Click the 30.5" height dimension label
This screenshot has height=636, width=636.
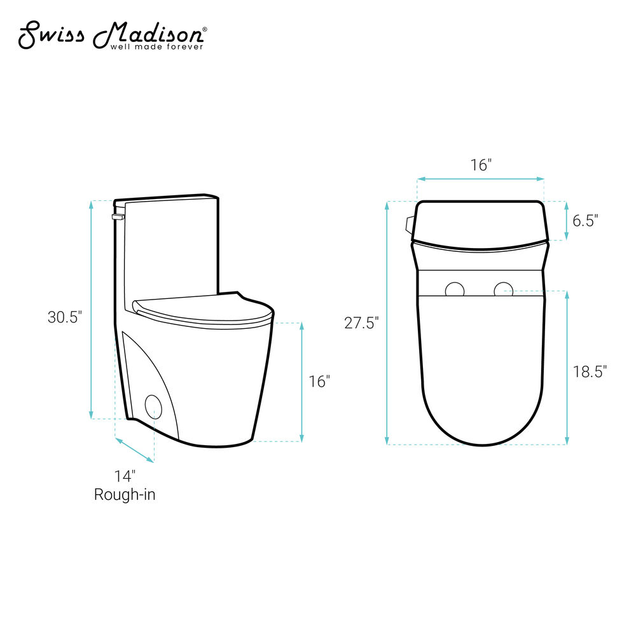click(x=65, y=317)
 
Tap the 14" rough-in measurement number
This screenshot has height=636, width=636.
click(x=125, y=476)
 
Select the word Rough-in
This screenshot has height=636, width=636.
click(x=125, y=494)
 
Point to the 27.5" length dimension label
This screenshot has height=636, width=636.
click(x=361, y=323)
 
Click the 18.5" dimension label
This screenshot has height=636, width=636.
click(x=590, y=371)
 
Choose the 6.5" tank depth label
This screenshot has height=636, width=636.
click(x=585, y=221)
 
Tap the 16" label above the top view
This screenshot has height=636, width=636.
click(x=481, y=165)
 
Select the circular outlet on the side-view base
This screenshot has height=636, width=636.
click(x=154, y=407)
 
